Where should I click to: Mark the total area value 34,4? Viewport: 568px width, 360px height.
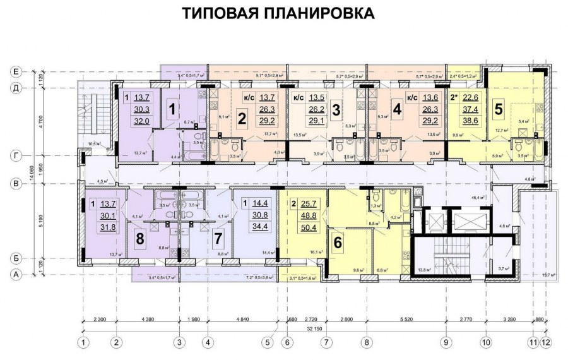tap(259, 227)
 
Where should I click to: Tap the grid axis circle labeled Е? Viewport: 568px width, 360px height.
tap(15, 71)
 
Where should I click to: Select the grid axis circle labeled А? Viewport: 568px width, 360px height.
tap(15, 275)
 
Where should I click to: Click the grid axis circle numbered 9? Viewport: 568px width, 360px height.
tap(447, 343)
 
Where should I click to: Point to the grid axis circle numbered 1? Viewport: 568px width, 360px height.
tap(83, 343)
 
